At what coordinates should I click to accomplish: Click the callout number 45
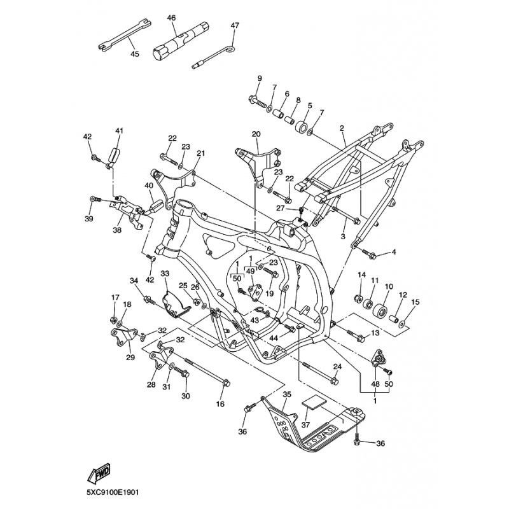click(134, 55)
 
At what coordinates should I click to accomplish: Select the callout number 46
click(171, 18)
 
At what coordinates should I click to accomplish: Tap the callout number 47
click(235, 25)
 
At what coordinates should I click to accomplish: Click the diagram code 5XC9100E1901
click(114, 492)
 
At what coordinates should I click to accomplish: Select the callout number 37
click(305, 425)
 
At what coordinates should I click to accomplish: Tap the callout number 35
click(287, 395)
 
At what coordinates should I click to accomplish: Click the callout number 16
click(221, 404)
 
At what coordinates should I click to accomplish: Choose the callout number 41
click(118, 131)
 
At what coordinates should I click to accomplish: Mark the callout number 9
click(259, 78)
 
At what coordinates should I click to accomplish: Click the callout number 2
click(342, 128)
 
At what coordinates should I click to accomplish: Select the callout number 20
click(256, 134)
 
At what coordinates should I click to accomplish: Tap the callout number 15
click(416, 302)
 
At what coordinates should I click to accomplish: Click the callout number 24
click(338, 366)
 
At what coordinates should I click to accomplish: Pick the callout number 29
click(130, 358)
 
